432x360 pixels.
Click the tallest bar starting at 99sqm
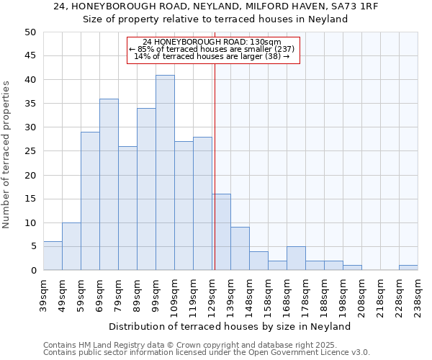[x=165, y=173]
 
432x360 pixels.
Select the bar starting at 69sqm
[x=109, y=184]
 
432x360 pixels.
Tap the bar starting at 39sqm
[x=53, y=256]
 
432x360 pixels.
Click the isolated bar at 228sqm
[x=408, y=268]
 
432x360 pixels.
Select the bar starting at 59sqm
[x=90, y=202]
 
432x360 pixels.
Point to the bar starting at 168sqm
[x=296, y=258]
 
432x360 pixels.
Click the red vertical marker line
[x=215, y=166]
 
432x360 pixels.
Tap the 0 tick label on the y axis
[x=32, y=271]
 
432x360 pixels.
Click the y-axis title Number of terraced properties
[x=6, y=155]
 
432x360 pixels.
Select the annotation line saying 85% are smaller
[x=212, y=49]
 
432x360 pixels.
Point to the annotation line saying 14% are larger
[x=212, y=56]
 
